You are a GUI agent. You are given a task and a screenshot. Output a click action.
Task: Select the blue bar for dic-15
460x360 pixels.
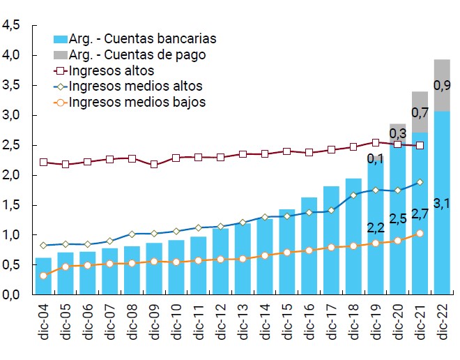(287, 258)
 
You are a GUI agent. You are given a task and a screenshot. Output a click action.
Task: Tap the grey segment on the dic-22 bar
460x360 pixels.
(442, 85)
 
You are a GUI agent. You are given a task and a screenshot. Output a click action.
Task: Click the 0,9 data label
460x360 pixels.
(442, 86)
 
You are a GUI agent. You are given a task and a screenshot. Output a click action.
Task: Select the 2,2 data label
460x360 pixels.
(376, 227)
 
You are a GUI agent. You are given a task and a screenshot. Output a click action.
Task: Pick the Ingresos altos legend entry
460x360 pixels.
(112, 70)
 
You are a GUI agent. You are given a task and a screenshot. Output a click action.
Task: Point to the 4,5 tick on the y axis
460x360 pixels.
(11, 25)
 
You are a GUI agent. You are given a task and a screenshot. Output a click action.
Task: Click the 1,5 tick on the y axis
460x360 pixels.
(11, 205)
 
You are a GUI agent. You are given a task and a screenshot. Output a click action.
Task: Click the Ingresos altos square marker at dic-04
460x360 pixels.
(43, 162)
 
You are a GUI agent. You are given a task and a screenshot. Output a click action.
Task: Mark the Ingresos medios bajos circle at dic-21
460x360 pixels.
(420, 234)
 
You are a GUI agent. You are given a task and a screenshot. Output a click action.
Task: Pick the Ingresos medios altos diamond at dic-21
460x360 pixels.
(420, 182)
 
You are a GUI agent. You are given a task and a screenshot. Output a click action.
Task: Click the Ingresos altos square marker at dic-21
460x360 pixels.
(420, 145)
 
